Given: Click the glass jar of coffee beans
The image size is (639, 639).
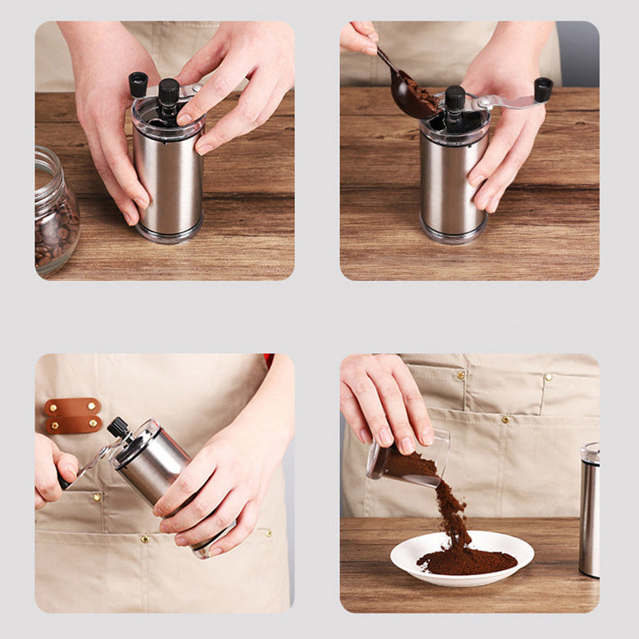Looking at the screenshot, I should pos(55,215).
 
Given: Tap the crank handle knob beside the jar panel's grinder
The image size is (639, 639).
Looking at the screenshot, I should pos(138,84).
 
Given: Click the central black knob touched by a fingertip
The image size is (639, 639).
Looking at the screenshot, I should pos(169,92).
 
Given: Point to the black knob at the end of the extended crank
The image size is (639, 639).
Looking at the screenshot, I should pos(543,88).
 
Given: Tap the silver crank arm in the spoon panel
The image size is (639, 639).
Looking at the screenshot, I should pos(508,102).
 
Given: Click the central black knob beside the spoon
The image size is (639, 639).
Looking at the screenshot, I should pos(455,99).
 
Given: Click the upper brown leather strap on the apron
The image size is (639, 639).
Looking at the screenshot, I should pos(73,407).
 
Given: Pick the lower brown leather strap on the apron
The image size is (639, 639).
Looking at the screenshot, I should pos(73,424).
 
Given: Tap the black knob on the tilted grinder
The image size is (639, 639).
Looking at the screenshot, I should pos(118,427).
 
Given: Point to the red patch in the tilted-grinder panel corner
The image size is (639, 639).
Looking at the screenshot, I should pos(268,360).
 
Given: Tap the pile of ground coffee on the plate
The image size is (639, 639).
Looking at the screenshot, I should pos(467,561).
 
